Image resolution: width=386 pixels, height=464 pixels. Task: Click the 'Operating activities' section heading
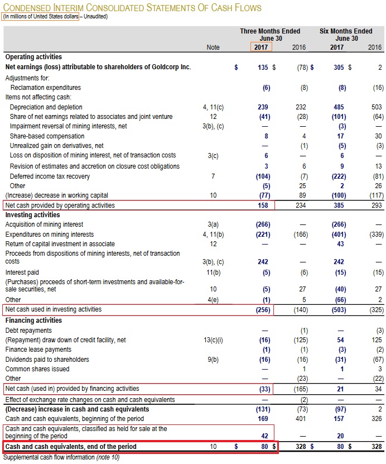pyautogui.click(x=33, y=56)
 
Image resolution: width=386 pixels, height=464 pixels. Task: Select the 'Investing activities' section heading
pyautogui.click(x=32, y=214)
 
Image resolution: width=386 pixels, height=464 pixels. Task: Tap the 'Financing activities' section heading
pyautogui.click(x=33, y=321)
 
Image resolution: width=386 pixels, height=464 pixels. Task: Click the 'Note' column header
pyautogui.click(x=213, y=47)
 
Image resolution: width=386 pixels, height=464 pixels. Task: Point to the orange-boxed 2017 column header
pyautogui.click(x=261, y=47)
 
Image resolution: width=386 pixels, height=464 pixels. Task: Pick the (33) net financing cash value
pyautogui.click(x=263, y=388)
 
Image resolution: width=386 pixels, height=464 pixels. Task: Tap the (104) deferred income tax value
pyautogui.click(x=262, y=176)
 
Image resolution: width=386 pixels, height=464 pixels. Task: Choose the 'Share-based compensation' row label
pyautogui.click(x=49, y=136)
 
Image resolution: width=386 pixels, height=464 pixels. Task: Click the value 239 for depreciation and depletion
pyautogui.click(x=264, y=107)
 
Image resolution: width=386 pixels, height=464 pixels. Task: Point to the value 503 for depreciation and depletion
pyautogui.click(x=377, y=107)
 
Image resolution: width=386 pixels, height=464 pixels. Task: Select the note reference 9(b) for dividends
pyautogui.click(x=213, y=360)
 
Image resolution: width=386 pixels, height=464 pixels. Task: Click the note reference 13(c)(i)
pyautogui.click(x=213, y=339)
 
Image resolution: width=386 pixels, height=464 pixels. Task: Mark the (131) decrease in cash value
pyautogui.click(x=262, y=409)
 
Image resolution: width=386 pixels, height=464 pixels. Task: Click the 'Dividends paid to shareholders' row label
pyautogui.click(x=47, y=360)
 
